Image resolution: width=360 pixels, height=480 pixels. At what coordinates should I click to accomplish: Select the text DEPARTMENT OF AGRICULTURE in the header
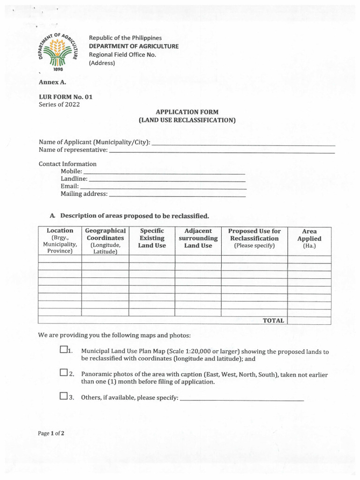(134, 46)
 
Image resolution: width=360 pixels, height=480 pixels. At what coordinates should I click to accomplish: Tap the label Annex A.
(52, 82)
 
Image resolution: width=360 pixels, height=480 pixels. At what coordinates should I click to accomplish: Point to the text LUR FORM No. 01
(65, 97)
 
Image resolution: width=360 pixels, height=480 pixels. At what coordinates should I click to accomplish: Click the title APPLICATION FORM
(187, 112)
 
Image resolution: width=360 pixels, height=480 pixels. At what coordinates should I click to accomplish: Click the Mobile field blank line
(164, 173)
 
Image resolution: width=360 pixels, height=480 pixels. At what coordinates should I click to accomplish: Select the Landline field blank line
(167, 180)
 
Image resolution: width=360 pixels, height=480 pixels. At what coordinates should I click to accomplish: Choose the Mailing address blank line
(177, 195)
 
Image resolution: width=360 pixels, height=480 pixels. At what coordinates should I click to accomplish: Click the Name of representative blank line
(222, 152)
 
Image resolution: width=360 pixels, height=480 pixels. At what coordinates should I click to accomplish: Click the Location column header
(60, 240)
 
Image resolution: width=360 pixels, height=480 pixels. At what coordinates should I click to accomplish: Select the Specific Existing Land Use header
(152, 238)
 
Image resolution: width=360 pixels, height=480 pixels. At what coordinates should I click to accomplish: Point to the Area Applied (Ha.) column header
(309, 238)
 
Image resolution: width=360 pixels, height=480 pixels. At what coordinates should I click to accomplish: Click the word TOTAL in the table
(273, 321)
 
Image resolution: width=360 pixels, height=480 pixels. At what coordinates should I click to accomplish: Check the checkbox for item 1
(63, 350)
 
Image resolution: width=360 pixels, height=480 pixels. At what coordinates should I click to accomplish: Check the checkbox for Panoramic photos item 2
(63, 373)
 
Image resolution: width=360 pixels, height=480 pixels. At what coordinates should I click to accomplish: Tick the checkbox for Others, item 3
(63, 397)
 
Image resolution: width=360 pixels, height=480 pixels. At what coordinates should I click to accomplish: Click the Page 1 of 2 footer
(51, 433)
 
